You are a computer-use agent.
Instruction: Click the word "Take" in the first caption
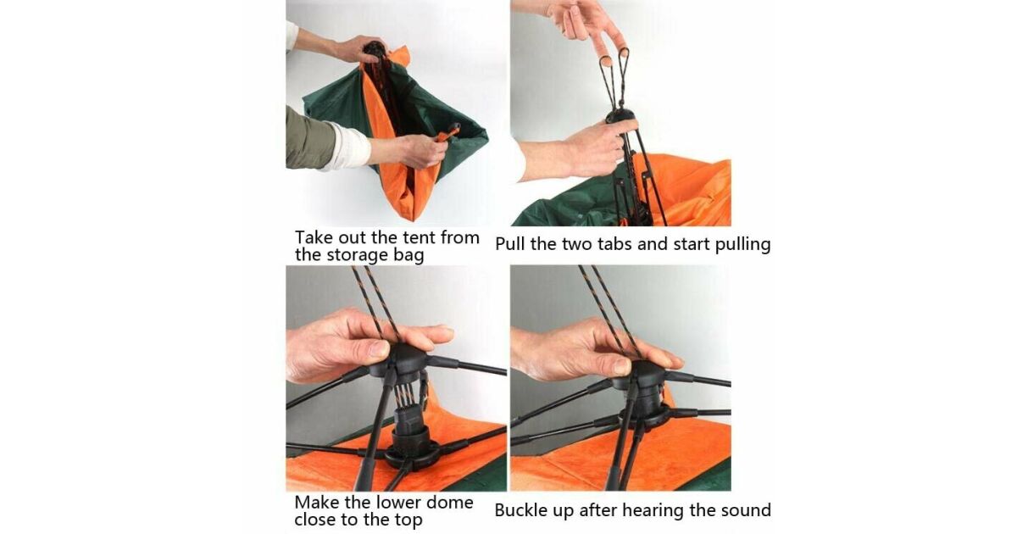click(x=313, y=237)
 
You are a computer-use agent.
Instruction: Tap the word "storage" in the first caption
click(x=358, y=255)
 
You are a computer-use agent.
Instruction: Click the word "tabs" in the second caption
click(x=615, y=244)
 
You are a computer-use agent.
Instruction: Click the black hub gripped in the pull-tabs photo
click(x=620, y=116)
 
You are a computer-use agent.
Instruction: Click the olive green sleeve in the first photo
click(x=309, y=137)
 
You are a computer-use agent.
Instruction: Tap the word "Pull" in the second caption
click(x=510, y=244)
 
